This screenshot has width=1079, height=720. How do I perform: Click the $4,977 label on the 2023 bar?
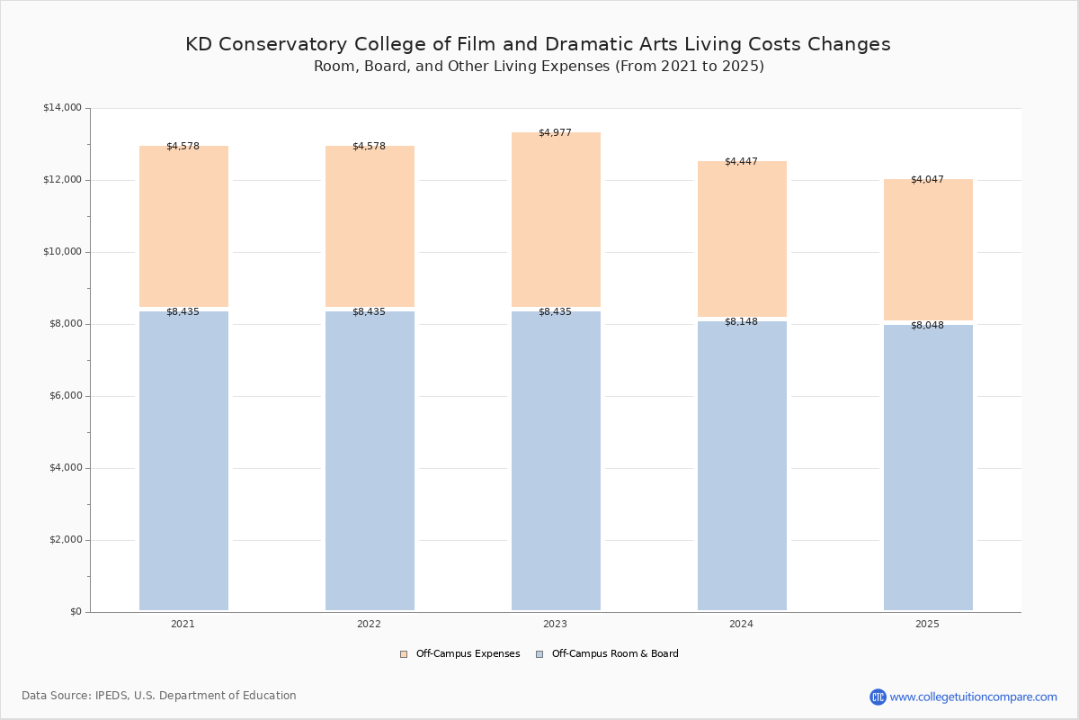(555, 132)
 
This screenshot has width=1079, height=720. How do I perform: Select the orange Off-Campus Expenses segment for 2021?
(183, 226)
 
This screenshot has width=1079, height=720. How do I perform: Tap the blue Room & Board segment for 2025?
(928, 467)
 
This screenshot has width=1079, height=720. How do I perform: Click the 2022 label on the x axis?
(369, 624)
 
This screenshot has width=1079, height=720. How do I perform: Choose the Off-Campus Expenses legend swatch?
(404, 654)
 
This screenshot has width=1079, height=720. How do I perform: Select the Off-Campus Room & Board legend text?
(615, 653)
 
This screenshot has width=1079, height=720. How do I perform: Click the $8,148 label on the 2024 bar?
(741, 321)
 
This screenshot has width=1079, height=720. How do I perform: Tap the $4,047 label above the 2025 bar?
(927, 179)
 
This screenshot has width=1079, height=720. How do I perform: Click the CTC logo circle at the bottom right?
(878, 697)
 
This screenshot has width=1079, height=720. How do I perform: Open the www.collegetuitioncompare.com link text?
(974, 697)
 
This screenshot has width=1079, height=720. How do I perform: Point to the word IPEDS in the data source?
(111, 696)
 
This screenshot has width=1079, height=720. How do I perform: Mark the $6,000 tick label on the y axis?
(66, 396)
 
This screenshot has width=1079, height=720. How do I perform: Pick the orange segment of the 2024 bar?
(743, 238)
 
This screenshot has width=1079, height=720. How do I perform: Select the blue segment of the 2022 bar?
(370, 461)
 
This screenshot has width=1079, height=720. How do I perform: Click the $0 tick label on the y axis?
(76, 612)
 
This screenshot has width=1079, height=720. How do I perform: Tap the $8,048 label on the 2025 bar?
(927, 326)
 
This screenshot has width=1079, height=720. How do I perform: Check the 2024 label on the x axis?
(741, 624)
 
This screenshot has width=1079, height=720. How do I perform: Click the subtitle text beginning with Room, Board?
(539, 66)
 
